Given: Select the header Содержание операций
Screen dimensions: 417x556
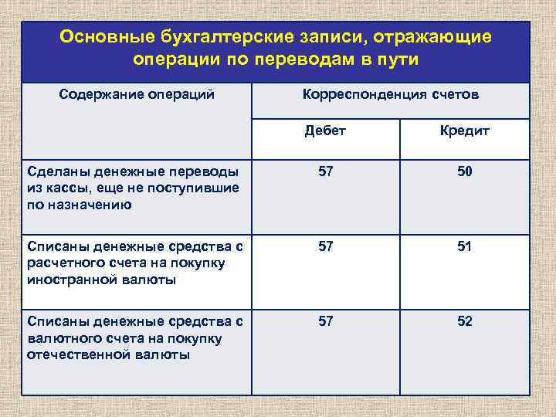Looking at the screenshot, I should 137,95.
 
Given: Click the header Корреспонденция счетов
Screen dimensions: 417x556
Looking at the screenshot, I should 391,95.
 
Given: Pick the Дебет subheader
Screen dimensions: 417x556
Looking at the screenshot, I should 326,131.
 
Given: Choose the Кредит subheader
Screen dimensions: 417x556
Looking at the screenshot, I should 465,131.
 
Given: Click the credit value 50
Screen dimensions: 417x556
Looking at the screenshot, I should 464,171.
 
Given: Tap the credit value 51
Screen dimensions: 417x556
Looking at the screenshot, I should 464,246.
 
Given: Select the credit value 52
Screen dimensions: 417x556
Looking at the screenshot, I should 464,321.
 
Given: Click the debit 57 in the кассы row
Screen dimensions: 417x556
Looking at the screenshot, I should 326,171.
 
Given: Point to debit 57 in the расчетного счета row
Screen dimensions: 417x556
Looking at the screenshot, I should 326,246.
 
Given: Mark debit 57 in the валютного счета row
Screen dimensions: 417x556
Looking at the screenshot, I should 326,321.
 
